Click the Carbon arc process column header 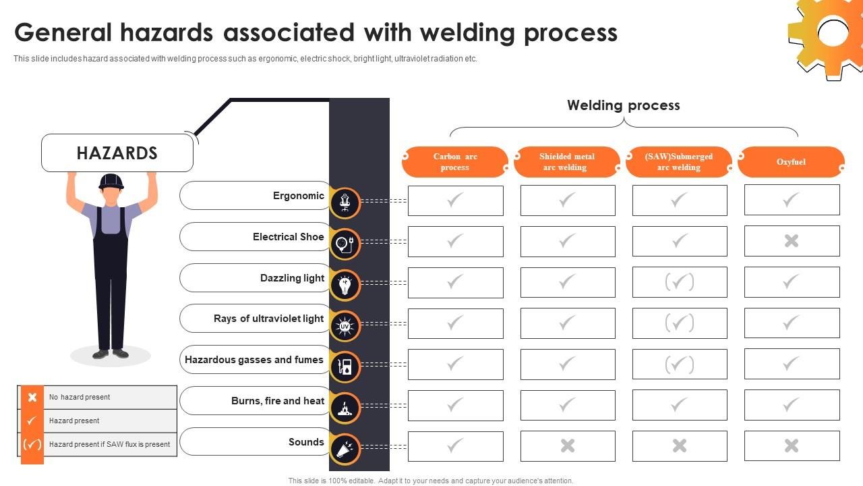455,162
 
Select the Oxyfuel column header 791,162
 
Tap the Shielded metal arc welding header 566,162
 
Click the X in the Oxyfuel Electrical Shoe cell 792,241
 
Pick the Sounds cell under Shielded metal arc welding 568,446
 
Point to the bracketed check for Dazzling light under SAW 680,282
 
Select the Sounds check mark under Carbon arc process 456,446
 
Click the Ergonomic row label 299,196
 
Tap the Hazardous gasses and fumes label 254,360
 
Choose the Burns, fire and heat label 278,401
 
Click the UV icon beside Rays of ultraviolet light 345,326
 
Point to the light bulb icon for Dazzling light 345,286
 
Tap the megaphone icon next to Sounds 345,450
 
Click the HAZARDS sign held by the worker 117,153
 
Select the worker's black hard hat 111,181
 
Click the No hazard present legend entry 80,397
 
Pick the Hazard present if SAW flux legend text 109,444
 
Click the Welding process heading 623,105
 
